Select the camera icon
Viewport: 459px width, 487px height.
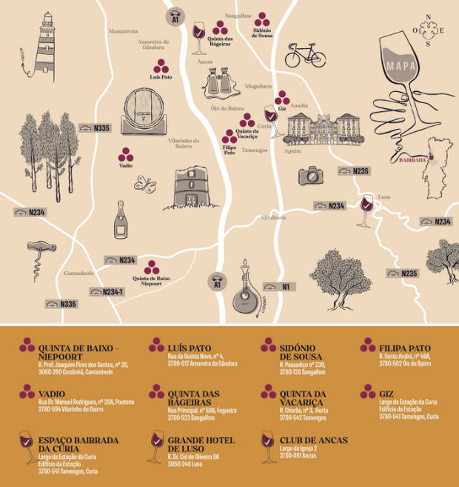[309, 176]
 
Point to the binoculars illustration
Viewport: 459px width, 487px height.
[220, 82]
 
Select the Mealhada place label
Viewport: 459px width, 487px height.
[272, 217]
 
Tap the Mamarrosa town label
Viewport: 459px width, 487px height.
[123, 32]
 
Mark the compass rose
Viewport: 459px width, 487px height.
[428, 30]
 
